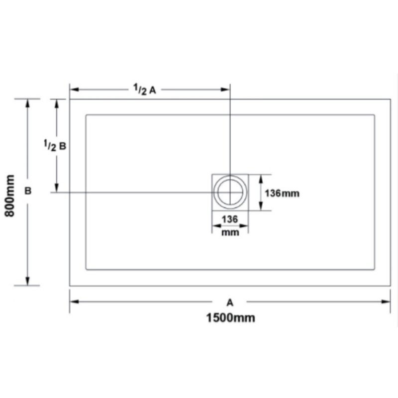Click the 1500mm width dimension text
point(230,318)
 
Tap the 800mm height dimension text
point(10,196)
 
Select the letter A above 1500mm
point(230,302)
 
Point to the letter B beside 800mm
point(28,191)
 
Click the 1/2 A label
point(145,90)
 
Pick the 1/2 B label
point(55,145)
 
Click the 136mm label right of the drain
point(282,194)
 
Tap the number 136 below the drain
point(230,219)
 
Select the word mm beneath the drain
point(230,232)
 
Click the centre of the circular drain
point(230,192)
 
